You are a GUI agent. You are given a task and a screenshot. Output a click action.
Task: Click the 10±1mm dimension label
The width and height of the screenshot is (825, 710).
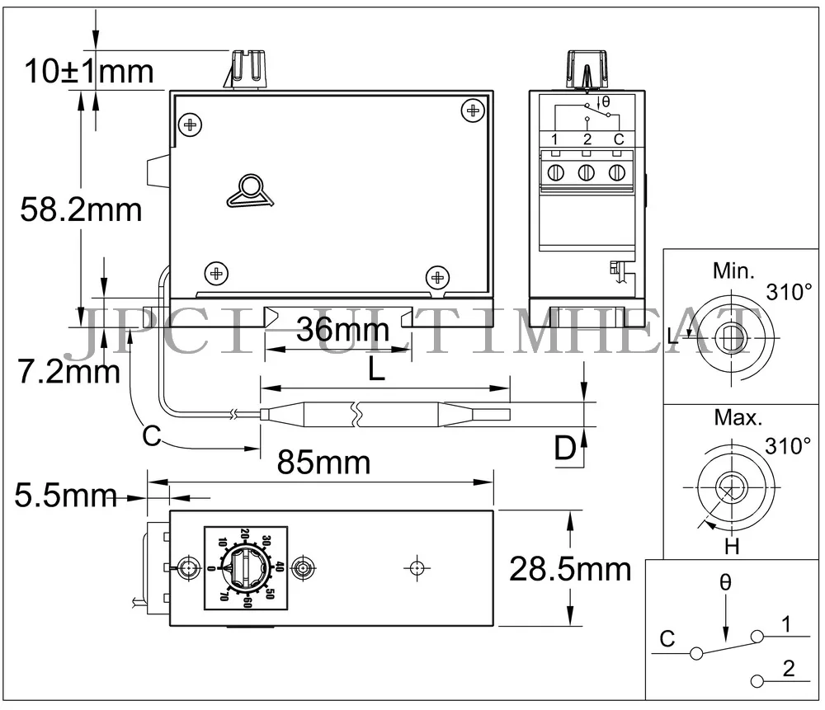89,71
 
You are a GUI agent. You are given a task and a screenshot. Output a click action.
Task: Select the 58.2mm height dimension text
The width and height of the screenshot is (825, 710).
81,209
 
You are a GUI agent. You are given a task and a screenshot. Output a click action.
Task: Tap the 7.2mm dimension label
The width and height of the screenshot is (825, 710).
69,371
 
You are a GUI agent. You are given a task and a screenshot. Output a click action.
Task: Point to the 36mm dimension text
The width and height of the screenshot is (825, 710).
342,330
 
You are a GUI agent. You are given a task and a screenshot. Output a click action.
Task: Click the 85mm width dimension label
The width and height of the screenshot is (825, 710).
323,463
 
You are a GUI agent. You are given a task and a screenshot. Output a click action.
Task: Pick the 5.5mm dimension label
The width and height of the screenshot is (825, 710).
65,495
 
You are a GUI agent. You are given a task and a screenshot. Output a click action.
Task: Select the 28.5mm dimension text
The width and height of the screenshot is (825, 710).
570,569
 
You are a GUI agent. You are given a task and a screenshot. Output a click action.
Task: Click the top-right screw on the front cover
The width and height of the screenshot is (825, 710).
473,110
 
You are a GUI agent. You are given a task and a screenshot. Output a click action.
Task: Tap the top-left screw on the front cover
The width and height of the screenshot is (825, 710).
190,125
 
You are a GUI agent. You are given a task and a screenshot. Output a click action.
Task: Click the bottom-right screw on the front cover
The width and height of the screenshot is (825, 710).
437,276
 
